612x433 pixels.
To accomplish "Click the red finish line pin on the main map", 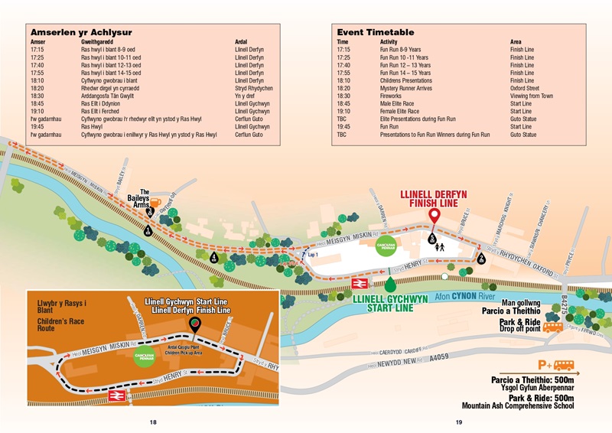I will tap(434, 216).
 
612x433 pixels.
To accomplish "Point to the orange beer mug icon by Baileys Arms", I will tap(154, 205).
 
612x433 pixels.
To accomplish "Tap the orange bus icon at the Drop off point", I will tap(553, 327).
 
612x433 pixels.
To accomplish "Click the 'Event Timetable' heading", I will tap(375, 32).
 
